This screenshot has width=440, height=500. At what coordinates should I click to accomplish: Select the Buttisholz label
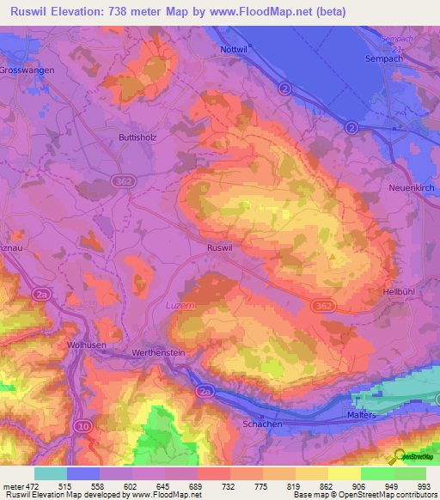coord(137,137)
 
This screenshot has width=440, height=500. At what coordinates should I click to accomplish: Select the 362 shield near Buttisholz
coord(123,178)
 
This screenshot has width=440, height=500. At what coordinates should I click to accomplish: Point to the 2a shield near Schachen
coord(205,391)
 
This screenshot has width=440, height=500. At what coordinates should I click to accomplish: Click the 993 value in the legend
coord(424,486)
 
